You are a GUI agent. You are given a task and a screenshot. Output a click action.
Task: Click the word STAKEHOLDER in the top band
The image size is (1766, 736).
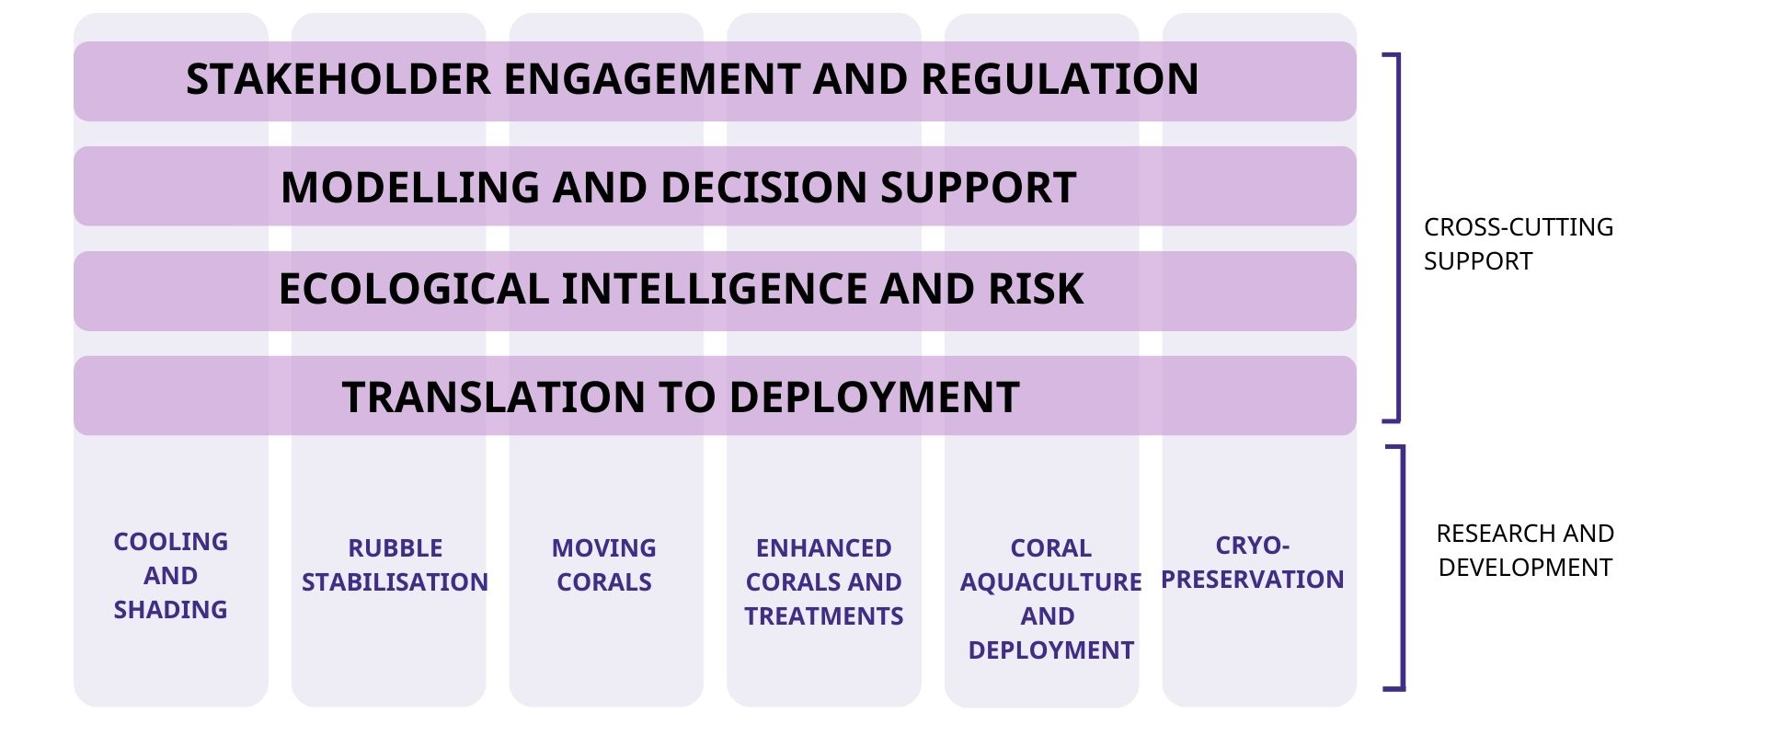pos(338,79)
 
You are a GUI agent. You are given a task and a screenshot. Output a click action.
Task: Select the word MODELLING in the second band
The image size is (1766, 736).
pos(409,188)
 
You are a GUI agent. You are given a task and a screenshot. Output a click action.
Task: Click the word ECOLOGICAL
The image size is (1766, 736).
pos(414,289)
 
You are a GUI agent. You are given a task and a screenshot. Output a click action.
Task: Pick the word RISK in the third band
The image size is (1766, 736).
pos(1036,289)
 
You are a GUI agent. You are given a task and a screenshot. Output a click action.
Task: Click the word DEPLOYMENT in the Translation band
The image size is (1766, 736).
pos(874,397)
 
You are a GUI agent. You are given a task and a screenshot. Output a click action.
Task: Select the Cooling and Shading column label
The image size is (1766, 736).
pos(171,576)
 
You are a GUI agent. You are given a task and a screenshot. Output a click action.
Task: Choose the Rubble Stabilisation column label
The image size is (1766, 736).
pos(396,565)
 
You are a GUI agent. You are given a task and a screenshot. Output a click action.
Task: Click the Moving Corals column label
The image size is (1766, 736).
pos(604,565)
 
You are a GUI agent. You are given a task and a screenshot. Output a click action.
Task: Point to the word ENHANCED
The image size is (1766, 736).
pos(824,548)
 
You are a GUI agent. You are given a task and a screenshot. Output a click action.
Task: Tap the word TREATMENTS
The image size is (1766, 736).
pos(824,616)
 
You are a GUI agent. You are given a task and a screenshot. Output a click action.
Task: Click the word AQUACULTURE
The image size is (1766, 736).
pos(1051,582)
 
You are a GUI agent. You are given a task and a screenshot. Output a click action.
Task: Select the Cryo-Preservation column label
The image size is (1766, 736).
pos(1253,562)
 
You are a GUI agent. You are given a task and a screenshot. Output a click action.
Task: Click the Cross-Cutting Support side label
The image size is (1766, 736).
pos(1519,244)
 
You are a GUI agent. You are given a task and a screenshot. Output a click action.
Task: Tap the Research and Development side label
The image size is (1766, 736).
pos(1525,550)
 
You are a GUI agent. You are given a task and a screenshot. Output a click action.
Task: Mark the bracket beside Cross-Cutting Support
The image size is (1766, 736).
pos(1398,238)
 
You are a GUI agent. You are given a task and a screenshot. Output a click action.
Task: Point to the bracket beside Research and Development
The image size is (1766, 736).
pos(1403,568)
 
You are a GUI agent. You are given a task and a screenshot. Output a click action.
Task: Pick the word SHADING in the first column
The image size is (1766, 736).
pos(171,610)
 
